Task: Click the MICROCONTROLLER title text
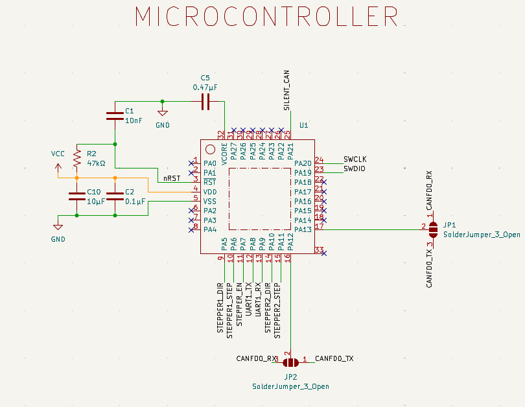(x=266, y=17)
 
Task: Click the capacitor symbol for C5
(x=205, y=101)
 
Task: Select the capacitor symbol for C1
(x=115, y=116)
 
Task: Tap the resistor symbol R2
(x=76, y=158)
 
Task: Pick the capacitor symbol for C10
(x=76, y=196)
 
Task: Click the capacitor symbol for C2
(x=115, y=196)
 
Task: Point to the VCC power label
(x=58, y=154)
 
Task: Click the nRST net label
(x=171, y=178)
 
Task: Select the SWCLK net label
(x=355, y=159)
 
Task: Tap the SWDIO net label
(x=355, y=169)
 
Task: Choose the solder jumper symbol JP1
(x=434, y=227)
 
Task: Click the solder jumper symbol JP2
(x=290, y=362)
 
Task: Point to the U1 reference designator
(x=303, y=125)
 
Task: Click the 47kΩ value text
(x=96, y=163)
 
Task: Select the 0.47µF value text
(x=205, y=87)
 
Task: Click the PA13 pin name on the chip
(x=303, y=229)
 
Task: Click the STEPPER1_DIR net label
(x=220, y=308)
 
